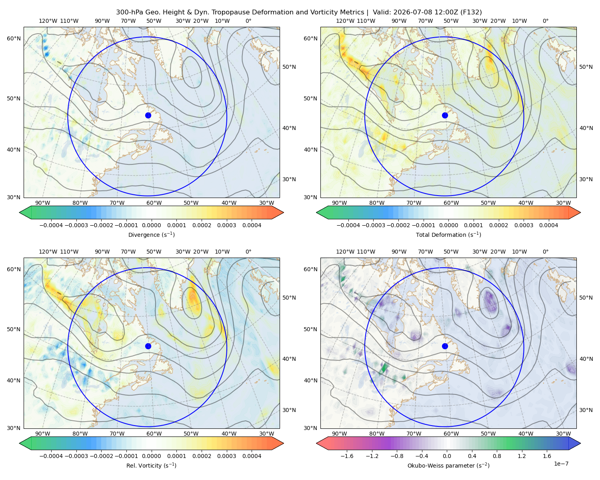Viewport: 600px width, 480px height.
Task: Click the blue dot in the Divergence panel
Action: [x=148, y=115]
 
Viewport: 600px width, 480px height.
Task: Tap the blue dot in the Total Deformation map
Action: [x=445, y=115]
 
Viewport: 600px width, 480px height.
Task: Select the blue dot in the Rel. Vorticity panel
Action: [x=148, y=346]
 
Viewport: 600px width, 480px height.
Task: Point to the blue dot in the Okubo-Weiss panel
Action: [x=445, y=346]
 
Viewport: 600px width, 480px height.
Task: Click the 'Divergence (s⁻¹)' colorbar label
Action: [x=151, y=234]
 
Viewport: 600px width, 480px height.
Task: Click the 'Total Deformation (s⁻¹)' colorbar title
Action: [x=448, y=234]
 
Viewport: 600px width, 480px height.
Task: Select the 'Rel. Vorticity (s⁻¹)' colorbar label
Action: [x=151, y=465]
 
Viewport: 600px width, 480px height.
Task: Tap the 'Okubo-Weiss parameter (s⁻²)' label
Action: [x=448, y=465]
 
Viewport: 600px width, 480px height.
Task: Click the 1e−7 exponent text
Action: [x=561, y=464]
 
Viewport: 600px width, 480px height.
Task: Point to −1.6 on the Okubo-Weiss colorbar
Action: [x=347, y=456]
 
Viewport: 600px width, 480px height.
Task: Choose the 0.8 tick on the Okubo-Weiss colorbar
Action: [x=497, y=456]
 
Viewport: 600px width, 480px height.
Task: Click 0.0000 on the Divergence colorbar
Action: [x=151, y=225]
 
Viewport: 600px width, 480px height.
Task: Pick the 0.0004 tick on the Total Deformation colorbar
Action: [x=548, y=225]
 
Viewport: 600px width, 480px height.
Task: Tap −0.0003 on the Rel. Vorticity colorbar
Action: [x=76, y=456]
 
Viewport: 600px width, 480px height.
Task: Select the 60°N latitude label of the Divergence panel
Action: [x=14, y=38]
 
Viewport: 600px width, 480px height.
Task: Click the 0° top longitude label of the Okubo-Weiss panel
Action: [x=545, y=252]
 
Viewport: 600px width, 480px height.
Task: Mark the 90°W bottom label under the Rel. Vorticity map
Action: [x=43, y=434]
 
